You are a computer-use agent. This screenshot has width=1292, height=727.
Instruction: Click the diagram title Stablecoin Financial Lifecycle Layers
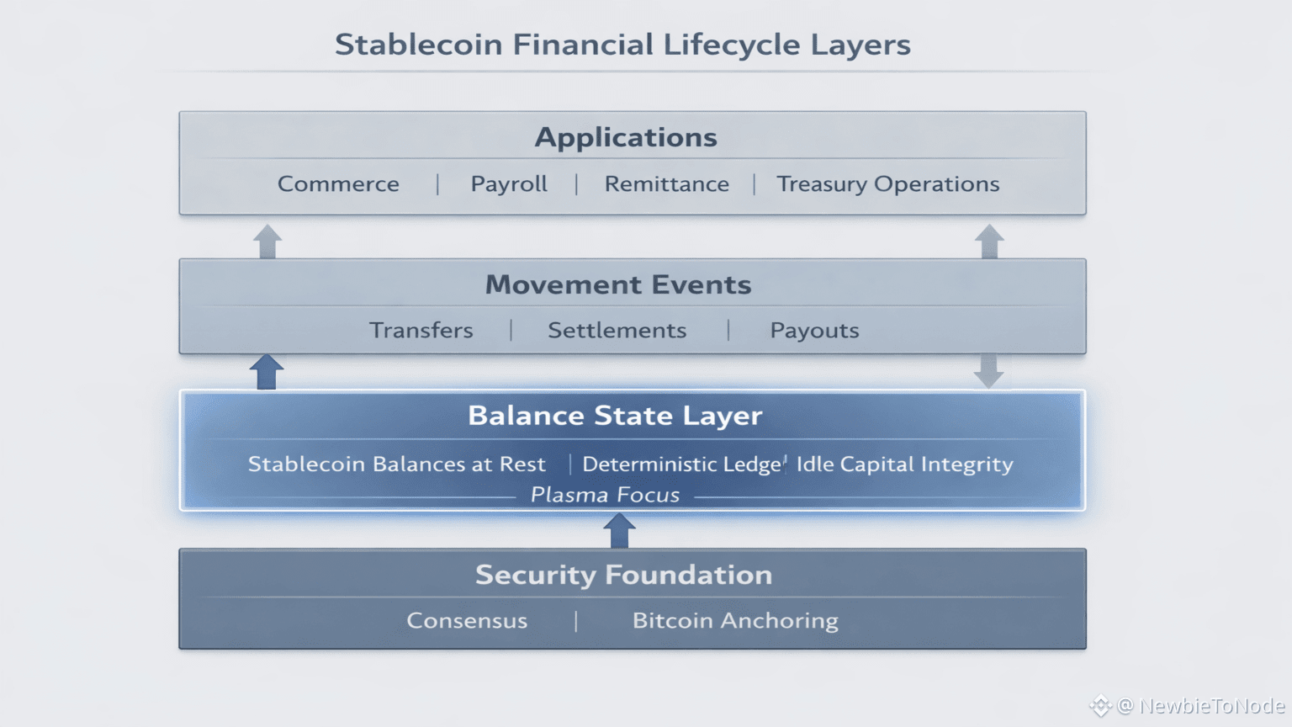point(623,45)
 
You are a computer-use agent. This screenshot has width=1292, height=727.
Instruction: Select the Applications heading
point(626,138)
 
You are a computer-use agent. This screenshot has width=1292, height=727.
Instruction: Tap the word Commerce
point(339,184)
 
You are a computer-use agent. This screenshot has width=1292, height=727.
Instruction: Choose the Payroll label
point(509,184)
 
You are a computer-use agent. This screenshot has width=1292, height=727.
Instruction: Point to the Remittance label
point(667,184)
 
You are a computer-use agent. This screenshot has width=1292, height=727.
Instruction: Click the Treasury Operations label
point(888,184)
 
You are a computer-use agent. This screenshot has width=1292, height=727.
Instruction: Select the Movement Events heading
point(618,284)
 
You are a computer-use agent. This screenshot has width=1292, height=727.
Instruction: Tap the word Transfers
point(421,331)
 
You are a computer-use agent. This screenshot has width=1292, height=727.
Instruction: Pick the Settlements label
point(617,331)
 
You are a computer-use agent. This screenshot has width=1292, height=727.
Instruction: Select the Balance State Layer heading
point(615,416)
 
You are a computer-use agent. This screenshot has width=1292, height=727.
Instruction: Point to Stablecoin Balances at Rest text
point(397,464)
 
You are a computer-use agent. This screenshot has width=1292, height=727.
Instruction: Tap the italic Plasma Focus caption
point(605,495)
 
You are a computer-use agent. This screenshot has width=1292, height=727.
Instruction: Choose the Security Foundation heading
point(623,575)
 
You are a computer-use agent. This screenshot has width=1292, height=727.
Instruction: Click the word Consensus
point(467,621)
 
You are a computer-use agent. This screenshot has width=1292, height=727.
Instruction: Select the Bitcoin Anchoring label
point(735,622)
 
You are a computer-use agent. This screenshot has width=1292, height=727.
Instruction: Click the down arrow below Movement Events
point(988,370)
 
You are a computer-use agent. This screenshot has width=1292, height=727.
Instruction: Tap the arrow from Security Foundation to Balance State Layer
point(619,531)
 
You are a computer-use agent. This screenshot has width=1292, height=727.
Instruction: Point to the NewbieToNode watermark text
point(1212,706)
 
